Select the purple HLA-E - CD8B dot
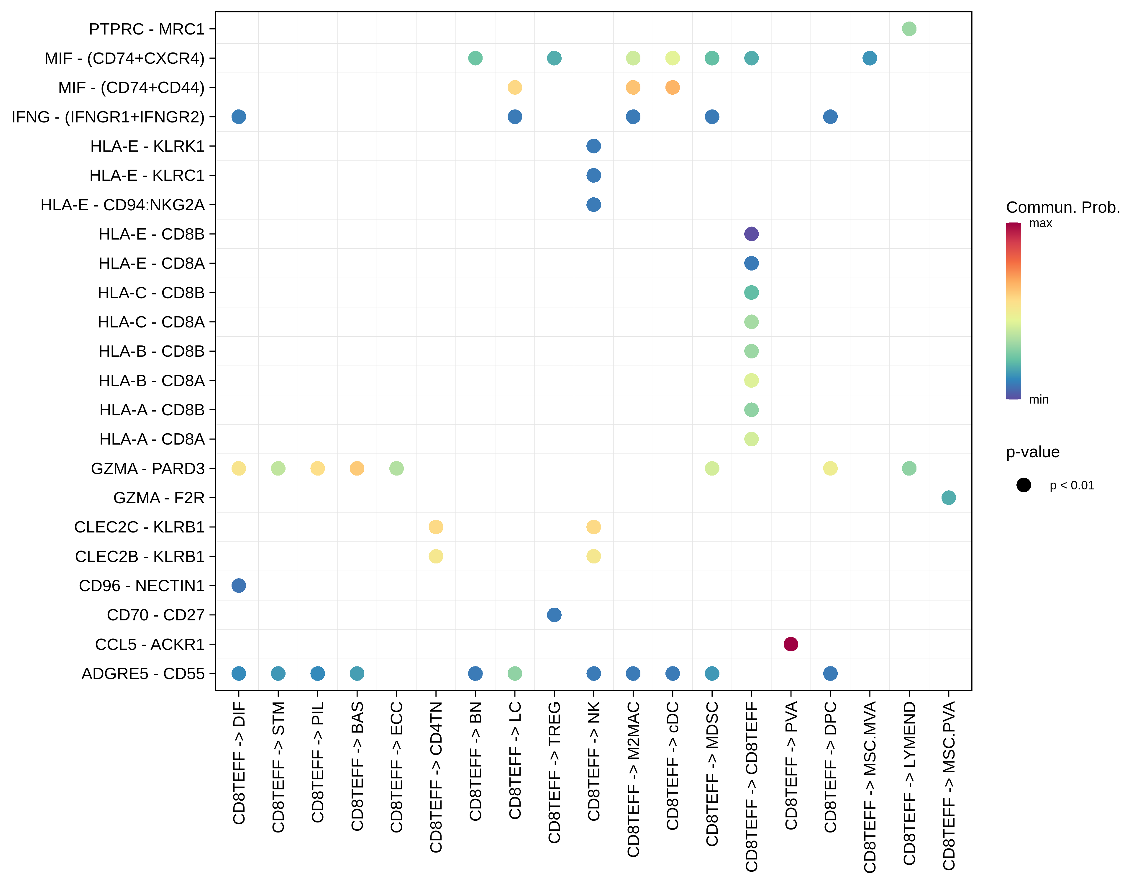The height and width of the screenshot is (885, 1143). [x=751, y=234]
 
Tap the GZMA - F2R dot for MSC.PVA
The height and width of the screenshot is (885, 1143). [x=948, y=498]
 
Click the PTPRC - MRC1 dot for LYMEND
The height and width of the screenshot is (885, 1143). [x=909, y=29]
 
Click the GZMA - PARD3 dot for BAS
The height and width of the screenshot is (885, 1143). [x=357, y=468]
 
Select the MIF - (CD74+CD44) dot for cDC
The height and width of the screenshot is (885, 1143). [x=673, y=87]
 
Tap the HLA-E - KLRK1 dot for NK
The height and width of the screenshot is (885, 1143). [x=593, y=146]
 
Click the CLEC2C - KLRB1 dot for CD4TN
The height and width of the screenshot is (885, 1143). [x=436, y=527]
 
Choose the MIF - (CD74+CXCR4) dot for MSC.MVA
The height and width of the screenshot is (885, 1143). [x=870, y=58]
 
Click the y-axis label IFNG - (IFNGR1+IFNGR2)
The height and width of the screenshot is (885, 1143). [x=108, y=117]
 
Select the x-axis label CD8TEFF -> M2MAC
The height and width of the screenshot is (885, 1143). [x=633, y=779]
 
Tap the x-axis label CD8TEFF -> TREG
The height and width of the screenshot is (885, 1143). [x=554, y=772]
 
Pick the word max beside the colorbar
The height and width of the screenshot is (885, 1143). [x=1040, y=224]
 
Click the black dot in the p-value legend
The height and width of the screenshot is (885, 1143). [x=1024, y=485]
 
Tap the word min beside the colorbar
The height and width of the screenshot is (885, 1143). [x=1039, y=399]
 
